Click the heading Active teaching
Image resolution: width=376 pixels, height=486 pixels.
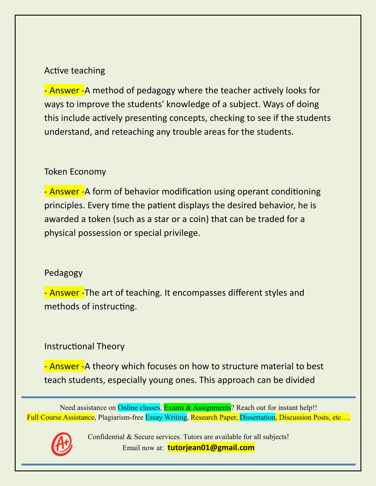pyautogui.click(x=75, y=70)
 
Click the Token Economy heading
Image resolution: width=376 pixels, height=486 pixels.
pyautogui.click(x=75, y=171)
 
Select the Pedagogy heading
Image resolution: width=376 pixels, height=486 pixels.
pyautogui.click(x=63, y=273)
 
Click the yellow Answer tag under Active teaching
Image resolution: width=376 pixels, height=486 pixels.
pyautogui.click(x=64, y=90)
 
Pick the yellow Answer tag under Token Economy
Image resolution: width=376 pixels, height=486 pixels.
pyautogui.click(x=64, y=191)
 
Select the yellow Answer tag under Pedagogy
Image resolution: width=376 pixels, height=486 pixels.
pyautogui.click(x=64, y=293)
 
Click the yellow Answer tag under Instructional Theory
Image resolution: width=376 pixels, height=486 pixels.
pyautogui.click(x=64, y=366)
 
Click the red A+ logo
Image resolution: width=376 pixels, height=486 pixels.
pyautogui.click(x=62, y=444)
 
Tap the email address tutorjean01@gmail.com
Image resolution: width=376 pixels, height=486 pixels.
pyautogui.click(x=211, y=448)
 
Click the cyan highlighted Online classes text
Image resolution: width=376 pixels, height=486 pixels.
pyautogui.click(x=139, y=408)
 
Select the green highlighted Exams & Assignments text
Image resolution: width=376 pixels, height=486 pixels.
pyautogui.click(x=197, y=408)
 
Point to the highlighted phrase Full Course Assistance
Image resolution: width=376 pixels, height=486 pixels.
pyautogui.click(x=60, y=417)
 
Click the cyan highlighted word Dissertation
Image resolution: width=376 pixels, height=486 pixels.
pyautogui.click(x=257, y=417)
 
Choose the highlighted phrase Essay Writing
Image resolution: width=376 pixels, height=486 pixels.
pyautogui.click(x=166, y=417)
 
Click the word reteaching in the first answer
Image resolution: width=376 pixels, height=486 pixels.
pyautogui.click(x=129, y=132)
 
